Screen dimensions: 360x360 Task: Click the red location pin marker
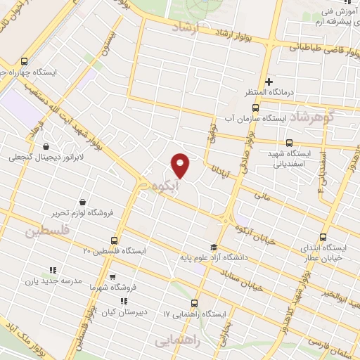181,165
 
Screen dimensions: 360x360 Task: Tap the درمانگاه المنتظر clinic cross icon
269,82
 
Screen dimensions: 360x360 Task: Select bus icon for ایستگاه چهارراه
25,61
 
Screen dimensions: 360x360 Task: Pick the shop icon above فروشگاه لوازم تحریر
84,202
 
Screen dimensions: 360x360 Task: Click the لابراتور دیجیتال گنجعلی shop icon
46,146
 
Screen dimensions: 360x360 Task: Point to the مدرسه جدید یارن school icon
53,269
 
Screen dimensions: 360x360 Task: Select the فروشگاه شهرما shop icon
111,276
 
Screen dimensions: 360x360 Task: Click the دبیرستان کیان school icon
124,301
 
